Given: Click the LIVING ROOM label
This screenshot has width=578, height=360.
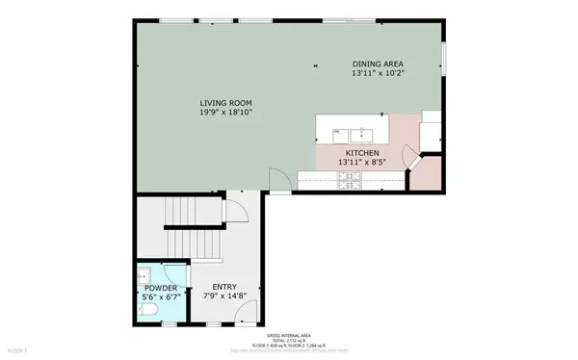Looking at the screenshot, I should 226,103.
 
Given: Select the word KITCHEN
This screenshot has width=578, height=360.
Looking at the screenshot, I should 362,153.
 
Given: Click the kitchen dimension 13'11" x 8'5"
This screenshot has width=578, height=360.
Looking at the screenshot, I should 362,163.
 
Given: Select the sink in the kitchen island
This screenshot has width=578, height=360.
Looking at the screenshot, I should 368,133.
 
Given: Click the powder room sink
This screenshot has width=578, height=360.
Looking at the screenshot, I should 144,273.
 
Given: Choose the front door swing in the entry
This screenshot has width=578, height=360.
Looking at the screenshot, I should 248,313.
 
